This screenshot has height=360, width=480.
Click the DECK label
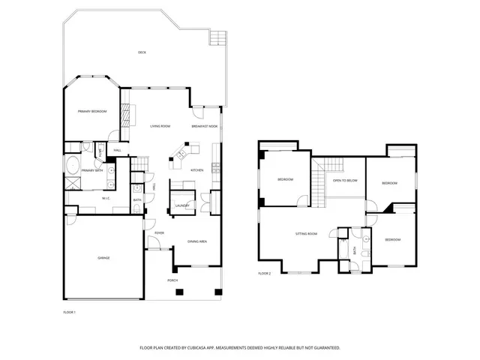click(142, 52)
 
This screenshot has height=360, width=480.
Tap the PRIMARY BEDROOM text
click(93, 112)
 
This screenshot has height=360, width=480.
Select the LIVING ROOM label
click(160, 126)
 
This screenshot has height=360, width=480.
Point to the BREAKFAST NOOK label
click(204, 126)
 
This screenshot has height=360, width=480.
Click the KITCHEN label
click(197, 169)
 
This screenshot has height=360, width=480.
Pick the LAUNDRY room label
click(181, 205)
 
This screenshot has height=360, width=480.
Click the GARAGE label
click(103, 258)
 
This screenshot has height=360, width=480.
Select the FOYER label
click(159, 233)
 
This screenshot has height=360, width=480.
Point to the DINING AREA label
click(197, 241)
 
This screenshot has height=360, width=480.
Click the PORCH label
click(172, 280)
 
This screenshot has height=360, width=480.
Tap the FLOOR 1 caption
click(69, 311)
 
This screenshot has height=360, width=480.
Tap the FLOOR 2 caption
click(265, 274)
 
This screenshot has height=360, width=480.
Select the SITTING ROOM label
click(306, 234)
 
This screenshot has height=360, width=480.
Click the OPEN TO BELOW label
click(345, 181)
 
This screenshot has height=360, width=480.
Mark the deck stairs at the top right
click(218, 38)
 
